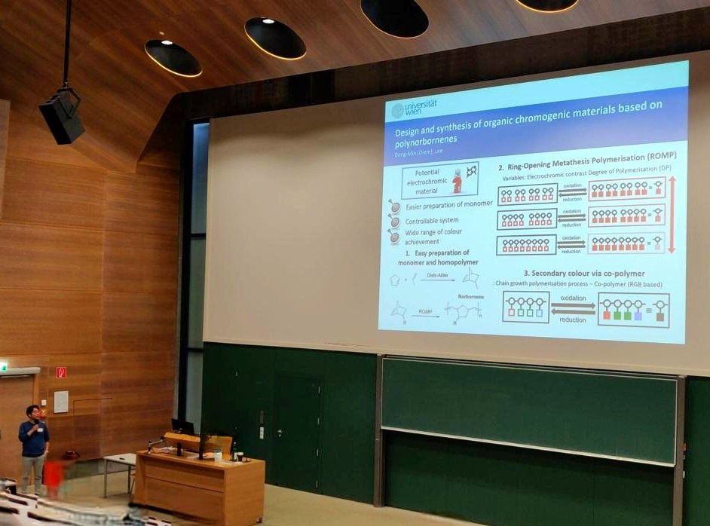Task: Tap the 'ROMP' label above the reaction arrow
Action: coord(426,309)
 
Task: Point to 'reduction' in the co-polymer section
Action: coord(572,319)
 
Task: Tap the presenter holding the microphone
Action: coord(32,445)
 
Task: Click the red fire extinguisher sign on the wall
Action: coord(61,372)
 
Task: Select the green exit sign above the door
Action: coord(3,366)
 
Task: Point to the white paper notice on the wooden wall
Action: coord(61,402)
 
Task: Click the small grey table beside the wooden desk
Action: coord(119,460)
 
